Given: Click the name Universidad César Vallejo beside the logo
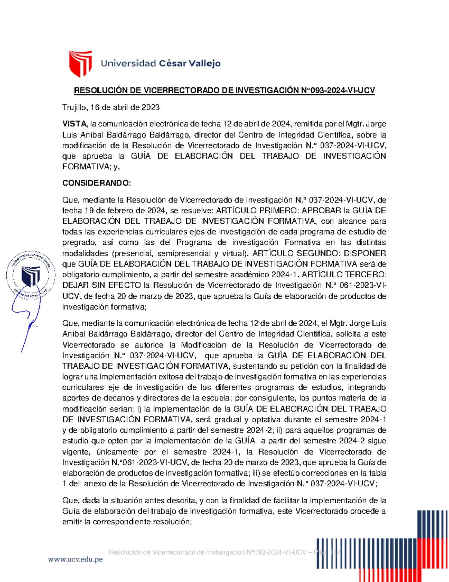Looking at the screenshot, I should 161,63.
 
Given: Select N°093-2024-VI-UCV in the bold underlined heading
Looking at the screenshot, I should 338,90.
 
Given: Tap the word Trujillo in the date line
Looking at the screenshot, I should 74,108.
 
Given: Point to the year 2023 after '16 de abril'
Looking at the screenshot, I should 150,108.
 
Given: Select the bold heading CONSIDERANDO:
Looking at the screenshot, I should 97,183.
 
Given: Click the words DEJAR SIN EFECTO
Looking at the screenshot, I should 101,285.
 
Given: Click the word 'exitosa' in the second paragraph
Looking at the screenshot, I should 171,377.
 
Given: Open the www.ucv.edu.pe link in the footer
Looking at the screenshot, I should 75,560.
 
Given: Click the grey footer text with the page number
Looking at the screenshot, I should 224,552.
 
